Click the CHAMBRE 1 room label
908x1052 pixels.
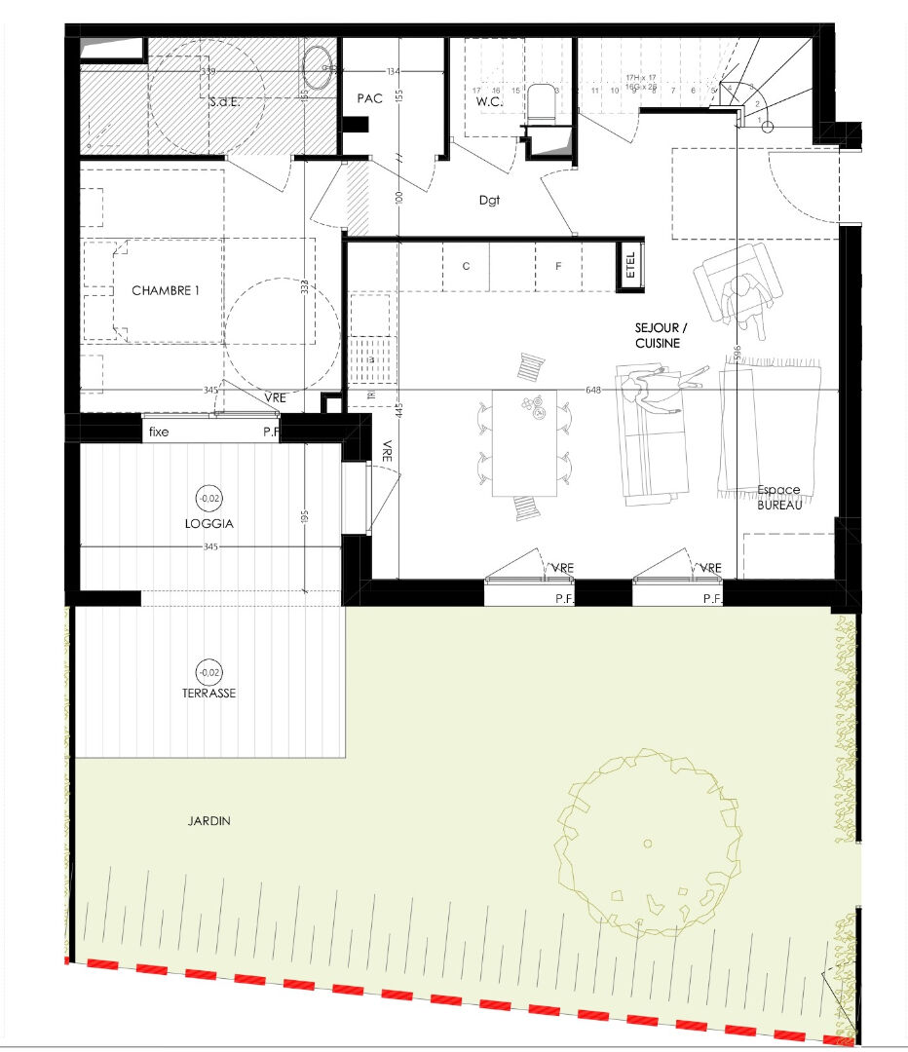click(x=165, y=290)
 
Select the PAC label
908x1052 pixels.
click(x=370, y=98)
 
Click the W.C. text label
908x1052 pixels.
click(x=487, y=101)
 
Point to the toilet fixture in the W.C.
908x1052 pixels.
click(x=541, y=103)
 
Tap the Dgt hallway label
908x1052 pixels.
click(x=489, y=200)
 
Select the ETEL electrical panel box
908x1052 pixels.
click(x=630, y=265)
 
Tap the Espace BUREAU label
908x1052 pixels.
click(x=778, y=497)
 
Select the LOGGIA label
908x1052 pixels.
click(x=209, y=523)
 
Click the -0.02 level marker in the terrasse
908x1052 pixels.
click(x=208, y=672)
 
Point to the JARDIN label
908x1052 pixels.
click(x=209, y=821)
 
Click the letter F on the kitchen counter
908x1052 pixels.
click(x=558, y=265)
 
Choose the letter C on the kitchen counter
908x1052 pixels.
click(x=466, y=265)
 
